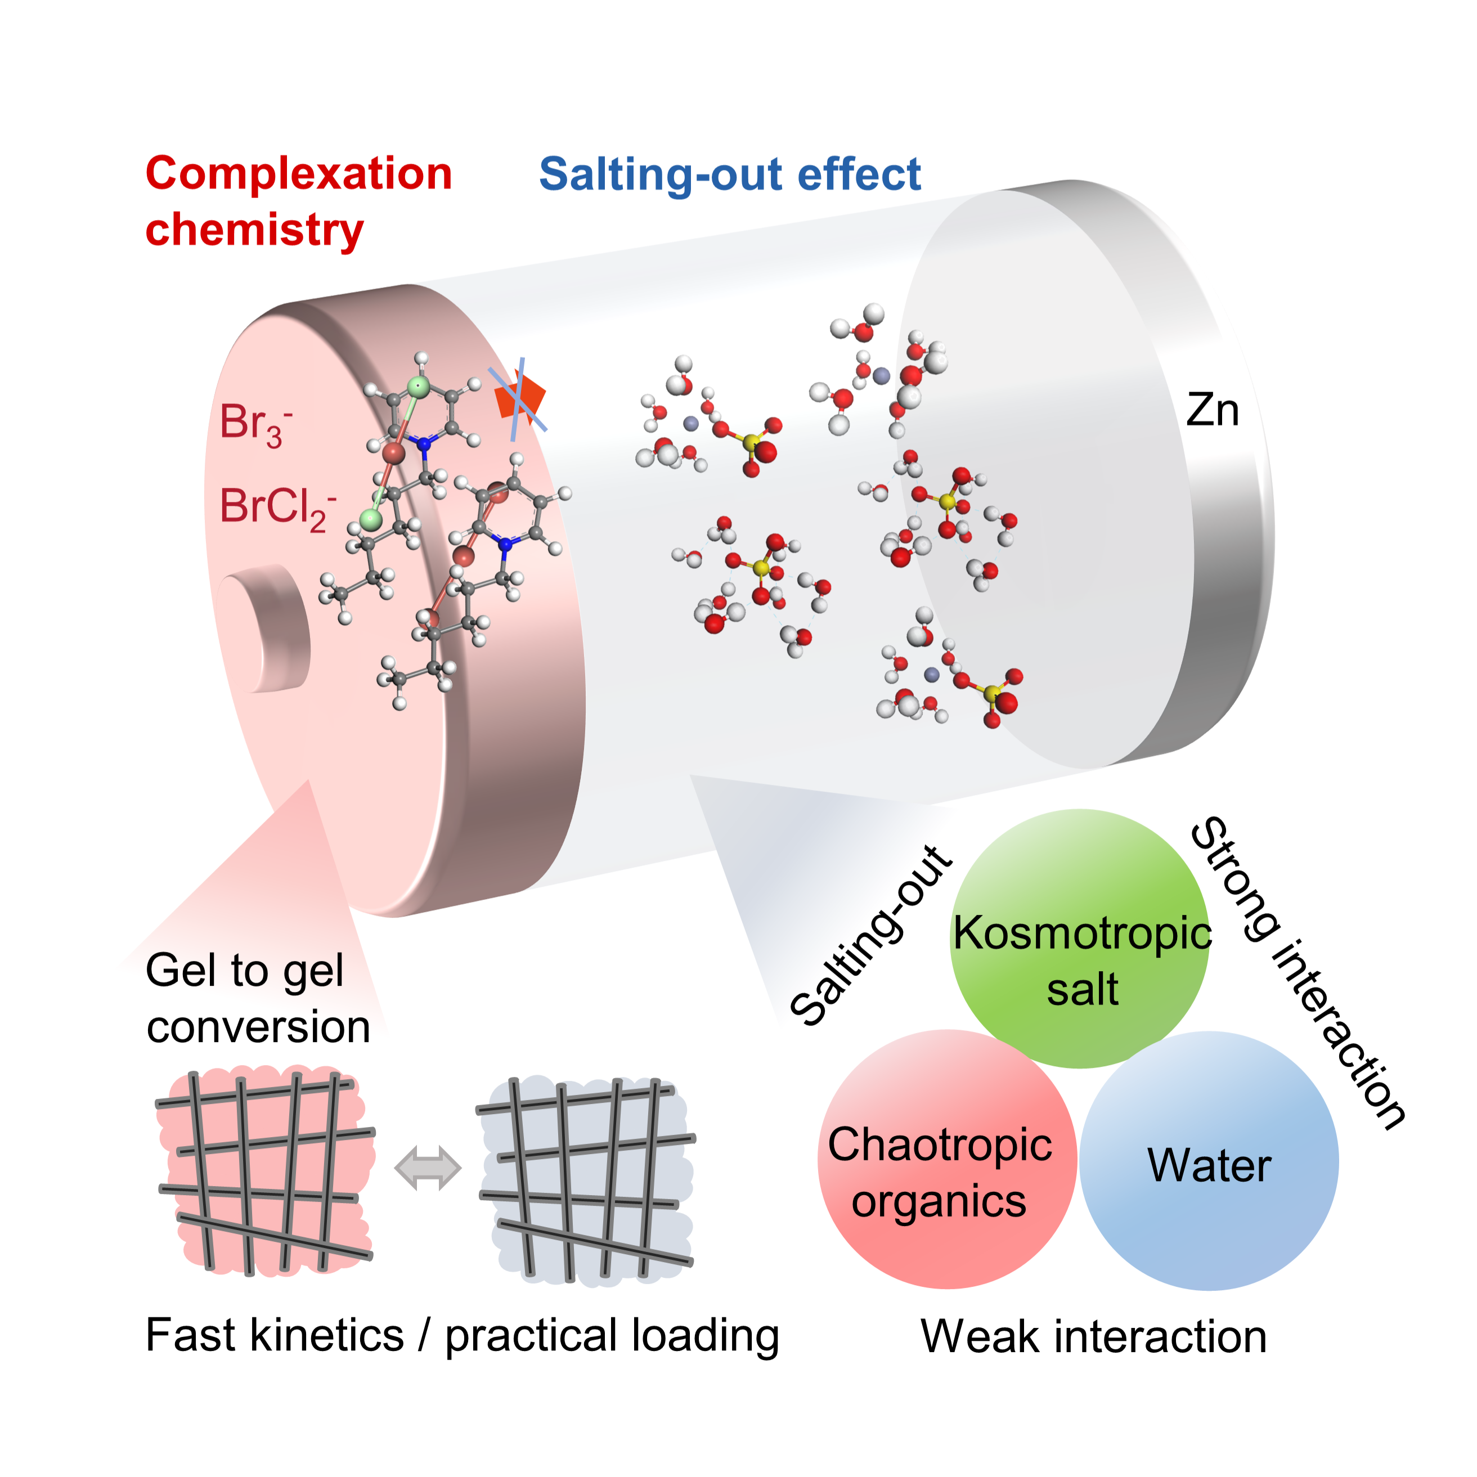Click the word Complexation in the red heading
[x=299, y=173]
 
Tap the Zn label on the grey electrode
[x=1213, y=411]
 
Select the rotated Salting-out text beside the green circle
[x=872, y=936]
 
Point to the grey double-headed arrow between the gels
[x=428, y=1168]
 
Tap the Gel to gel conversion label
[x=258, y=998]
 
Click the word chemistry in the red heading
[x=254, y=230]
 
